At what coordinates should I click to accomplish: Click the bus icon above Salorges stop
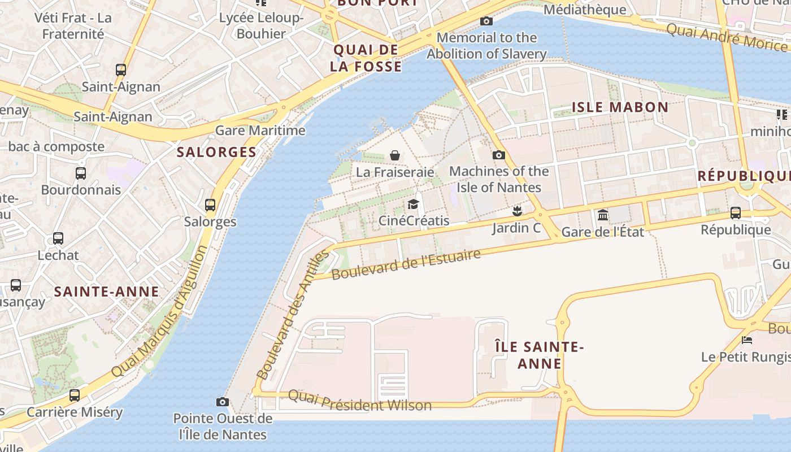pos(210,205)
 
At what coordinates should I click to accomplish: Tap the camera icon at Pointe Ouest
pos(223,402)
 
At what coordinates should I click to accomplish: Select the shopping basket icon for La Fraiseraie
pos(395,155)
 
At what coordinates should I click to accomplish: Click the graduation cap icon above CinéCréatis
pos(414,204)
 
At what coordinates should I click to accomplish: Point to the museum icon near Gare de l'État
pos(603,215)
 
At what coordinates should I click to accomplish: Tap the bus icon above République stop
pos(735,213)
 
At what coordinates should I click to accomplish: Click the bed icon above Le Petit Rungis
pos(746,340)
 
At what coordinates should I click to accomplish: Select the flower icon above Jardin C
pos(516,211)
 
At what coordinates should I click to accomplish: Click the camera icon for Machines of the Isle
pos(498,155)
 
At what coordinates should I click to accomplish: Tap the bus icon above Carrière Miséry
pos(74,395)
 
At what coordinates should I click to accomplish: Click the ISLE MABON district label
pos(620,107)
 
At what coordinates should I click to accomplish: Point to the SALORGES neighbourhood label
pos(216,152)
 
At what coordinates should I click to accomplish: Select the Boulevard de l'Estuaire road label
pos(406,264)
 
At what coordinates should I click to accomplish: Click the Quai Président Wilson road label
pos(359,401)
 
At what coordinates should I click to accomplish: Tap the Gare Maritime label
pos(260,131)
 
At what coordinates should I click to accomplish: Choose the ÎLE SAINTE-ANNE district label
pos(540,355)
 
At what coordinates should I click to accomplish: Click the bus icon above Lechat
pos(58,238)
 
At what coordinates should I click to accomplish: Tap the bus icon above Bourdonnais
pos(81,173)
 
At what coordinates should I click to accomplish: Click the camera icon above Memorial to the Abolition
pos(486,21)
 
